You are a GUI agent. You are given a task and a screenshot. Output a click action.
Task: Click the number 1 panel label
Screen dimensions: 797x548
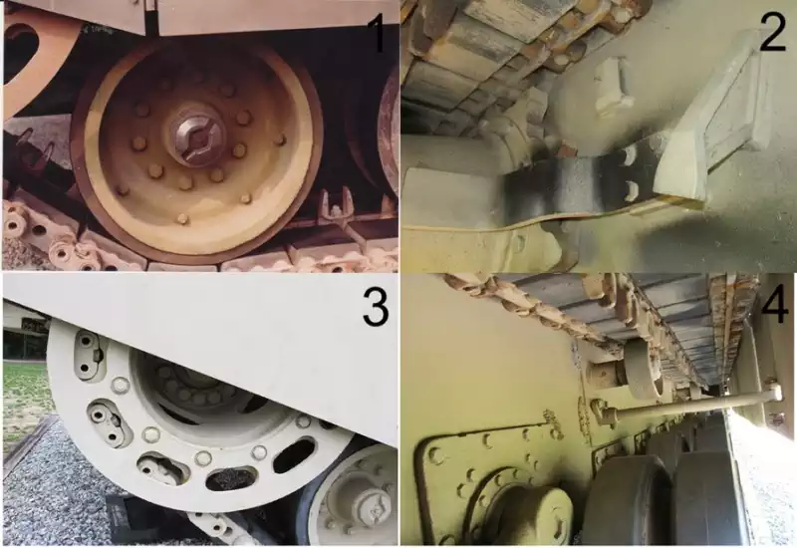378,33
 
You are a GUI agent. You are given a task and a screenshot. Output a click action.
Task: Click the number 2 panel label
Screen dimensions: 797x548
773,33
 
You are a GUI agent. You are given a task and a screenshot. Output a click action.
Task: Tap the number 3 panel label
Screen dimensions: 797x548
376,307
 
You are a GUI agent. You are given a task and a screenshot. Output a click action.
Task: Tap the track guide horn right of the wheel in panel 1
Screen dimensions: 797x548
338,206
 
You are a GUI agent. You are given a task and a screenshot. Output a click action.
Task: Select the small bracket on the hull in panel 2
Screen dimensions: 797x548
614,86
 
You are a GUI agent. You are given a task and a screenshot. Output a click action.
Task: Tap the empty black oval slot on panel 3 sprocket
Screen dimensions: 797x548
294,455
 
